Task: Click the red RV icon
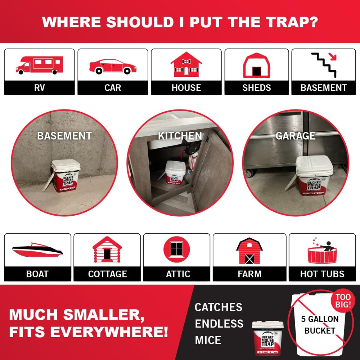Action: tap(39, 65)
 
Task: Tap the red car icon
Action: tap(113, 67)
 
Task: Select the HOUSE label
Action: tap(186, 88)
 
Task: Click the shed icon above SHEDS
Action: tap(256, 66)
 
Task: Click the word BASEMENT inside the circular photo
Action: tap(64, 136)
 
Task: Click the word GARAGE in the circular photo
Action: tap(296, 136)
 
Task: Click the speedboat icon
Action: tap(37, 249)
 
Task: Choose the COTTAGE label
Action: tap(107, 274)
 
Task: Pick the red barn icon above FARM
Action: tap(249, 251)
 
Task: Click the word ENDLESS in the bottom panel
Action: tap(219, 323)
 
